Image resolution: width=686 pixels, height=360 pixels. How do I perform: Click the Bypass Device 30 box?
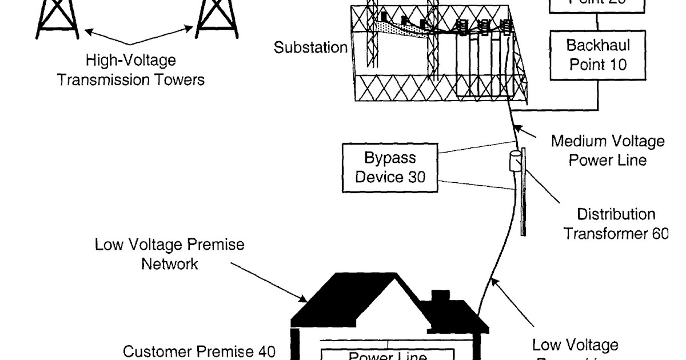coord(390,167)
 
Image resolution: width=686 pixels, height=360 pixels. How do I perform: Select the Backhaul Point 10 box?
coord(597,55)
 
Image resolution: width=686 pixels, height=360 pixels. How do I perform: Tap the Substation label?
coord(310,47)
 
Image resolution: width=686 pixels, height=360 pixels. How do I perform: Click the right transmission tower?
coord(216,17)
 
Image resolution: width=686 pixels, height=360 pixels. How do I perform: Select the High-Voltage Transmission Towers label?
coord(130,69)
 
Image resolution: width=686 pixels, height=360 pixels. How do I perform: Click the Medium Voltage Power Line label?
coord(607,150)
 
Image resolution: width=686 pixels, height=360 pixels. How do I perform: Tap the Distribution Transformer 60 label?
coord(616,224)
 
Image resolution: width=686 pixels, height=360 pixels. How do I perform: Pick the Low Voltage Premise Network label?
coord(170,254)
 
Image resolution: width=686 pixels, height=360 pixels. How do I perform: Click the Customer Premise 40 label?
coord(200,351)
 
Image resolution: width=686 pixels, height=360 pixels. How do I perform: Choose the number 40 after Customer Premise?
coord(264,351)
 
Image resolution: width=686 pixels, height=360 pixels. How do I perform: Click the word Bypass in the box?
coord(390,158)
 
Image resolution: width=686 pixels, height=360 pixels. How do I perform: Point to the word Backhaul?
coord(598,45)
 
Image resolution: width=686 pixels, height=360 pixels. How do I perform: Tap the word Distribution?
coord(616,215)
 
